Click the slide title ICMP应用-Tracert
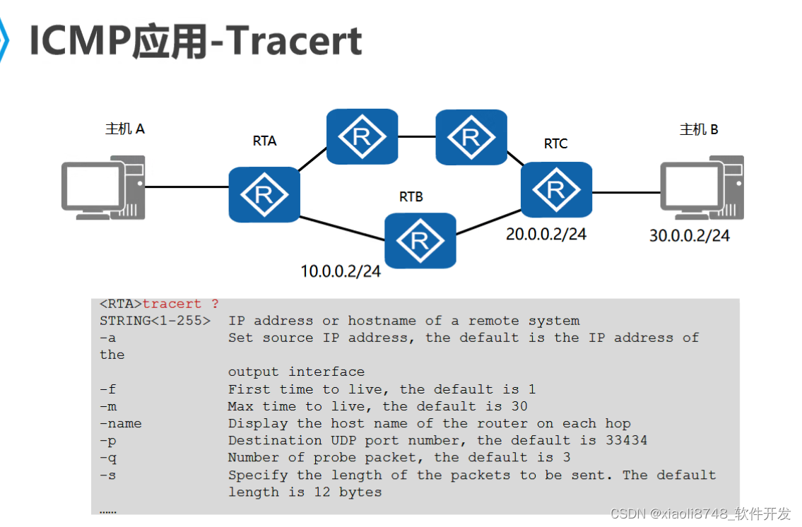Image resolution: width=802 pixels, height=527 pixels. pos(196,41)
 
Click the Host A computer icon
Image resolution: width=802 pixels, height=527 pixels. pos(103,188)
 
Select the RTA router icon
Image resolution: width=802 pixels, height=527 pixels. pos(264,194)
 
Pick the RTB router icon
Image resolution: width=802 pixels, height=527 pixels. pos(420,240)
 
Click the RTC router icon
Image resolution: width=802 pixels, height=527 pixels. pos(556,189)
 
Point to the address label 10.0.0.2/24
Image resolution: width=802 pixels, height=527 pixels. pos(341,271)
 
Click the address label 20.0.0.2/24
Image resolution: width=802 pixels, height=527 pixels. pos(546,235)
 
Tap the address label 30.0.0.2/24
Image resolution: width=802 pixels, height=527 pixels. pos(689,236)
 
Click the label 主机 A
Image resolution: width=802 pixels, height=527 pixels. pos(125,129)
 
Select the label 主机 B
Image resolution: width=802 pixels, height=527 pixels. pos(699,129)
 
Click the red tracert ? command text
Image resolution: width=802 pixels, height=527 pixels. pos(180,304)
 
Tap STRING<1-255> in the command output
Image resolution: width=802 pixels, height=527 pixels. pos(155,321)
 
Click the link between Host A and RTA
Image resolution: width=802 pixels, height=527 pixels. pos(187,187)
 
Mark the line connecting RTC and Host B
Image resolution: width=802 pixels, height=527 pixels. pos(626,191)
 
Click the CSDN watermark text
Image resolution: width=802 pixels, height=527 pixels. pos(700,514)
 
